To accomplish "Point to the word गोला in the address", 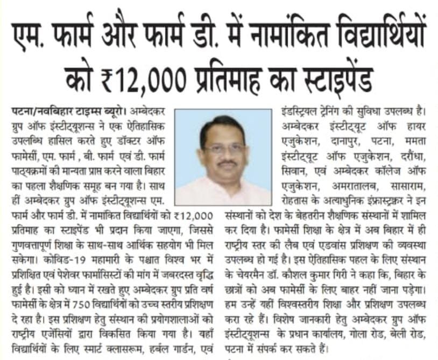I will coord(358,340).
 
